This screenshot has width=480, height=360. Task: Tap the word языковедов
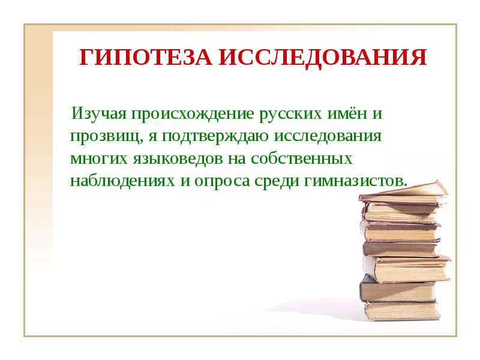(x=176, y=158)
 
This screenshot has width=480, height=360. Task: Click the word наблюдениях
(x=122, y=181)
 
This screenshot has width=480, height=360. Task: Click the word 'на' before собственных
(x=236, y=158)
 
